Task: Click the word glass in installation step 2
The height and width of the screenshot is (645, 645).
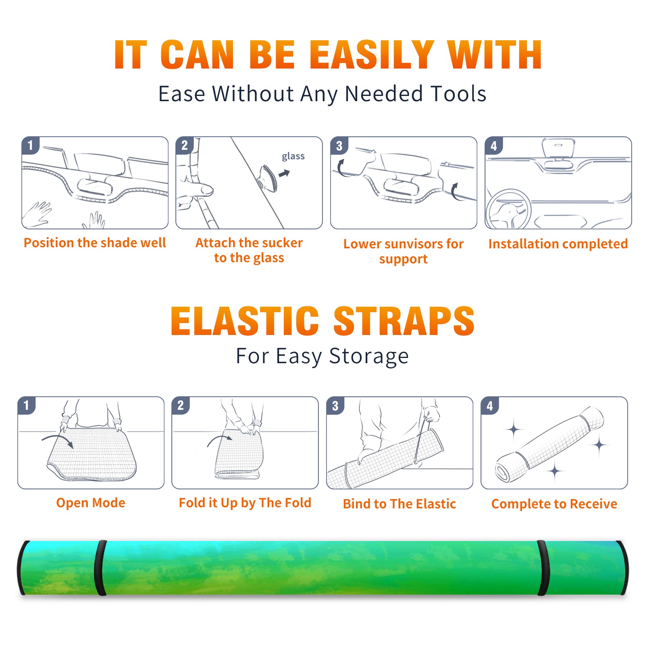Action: pyautogui.click(x=293, y=156)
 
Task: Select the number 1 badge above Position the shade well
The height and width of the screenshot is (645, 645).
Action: pyautogui.click(x=30, y=145)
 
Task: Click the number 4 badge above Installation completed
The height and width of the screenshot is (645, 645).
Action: pyautogui.click(x=493, y=146)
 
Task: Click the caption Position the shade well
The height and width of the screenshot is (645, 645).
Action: pyautogui.click(x=95, y=243)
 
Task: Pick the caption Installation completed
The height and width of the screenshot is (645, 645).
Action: pyautogui.click(x=558, y=244)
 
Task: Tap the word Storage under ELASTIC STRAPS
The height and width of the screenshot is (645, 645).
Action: pyautogui.click(x=369, y=356)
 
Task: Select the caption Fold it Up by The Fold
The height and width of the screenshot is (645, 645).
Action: pyautogui.click(x=245, y=503)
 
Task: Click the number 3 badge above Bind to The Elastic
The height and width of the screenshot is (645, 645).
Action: pyautogui.click(x=335, y=406)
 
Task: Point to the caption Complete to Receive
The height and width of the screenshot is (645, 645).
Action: pyautogui.click(x=554, y=504)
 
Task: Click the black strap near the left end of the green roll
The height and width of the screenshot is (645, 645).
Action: pyautogui.click(x=100, y=568)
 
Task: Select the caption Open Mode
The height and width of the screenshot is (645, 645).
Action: pyautogui.click(x=91, y=503)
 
